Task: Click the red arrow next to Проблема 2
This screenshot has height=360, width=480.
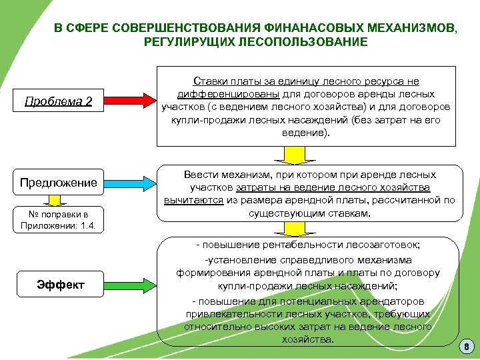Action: [130, 101]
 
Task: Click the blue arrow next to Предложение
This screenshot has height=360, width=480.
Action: [130, 182]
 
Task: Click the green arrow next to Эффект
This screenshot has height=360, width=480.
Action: [130, 285]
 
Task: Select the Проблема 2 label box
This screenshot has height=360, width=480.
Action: [58, 101]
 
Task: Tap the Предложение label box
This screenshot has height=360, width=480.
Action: [58, 182]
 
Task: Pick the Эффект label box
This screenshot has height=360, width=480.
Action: [60, 285]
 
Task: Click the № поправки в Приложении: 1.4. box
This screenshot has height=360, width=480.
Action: [58, 219]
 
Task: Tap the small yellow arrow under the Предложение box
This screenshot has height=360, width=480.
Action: [58, 200]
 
